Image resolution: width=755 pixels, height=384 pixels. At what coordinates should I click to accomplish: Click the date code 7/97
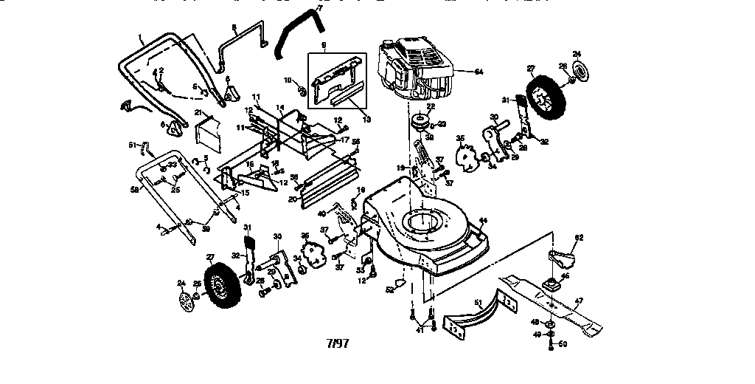pyautogui.click(x=338, y=344)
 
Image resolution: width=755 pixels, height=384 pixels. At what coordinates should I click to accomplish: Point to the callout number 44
pyautogui.click(x=484, y=221)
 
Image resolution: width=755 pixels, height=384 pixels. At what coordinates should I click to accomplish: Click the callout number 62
pyautogui.click(x=579, y=237)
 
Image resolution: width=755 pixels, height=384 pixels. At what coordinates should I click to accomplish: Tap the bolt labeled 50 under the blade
pyautogui.click(x=552, y=344)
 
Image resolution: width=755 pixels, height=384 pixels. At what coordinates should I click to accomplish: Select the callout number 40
pyautogui.click(x=321, y=213)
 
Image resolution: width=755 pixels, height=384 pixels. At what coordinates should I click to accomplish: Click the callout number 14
pyautogui.click(x=279, y=108)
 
